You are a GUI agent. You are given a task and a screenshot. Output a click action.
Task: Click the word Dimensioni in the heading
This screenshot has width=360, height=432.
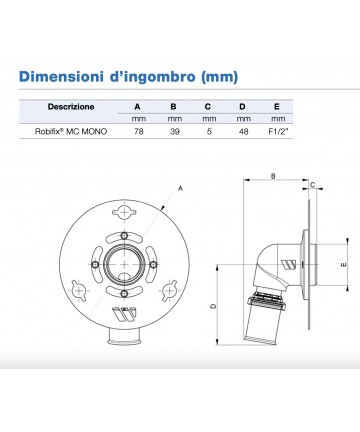point(62,77)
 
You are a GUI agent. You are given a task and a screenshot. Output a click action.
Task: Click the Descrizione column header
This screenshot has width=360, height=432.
point(71,107)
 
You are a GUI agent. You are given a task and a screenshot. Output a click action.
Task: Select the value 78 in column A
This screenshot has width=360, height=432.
point(138,132)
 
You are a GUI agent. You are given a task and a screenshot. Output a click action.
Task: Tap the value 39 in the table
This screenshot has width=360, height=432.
point(175,132)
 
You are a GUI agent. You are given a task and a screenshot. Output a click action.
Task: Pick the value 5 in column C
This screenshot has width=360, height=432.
point(209,132)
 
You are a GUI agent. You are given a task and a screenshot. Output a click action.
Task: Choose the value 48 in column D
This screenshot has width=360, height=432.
point(244,132)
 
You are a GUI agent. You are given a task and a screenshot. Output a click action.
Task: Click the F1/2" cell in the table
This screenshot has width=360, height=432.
point(278,132)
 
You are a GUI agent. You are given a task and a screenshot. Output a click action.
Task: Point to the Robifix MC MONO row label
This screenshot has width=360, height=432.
point(71,132)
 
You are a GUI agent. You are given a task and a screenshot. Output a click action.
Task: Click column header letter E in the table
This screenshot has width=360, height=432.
point(277,107)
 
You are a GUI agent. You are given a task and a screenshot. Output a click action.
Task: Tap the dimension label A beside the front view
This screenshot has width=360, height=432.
point(180,189)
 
